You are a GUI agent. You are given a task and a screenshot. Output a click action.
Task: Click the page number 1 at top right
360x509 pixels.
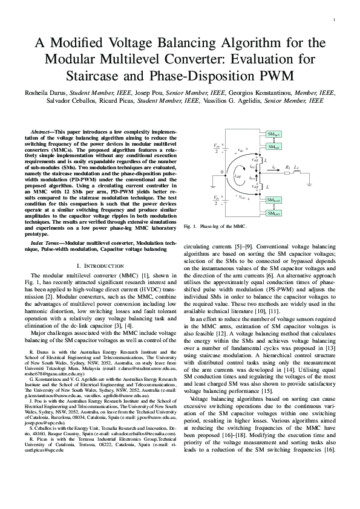pos(334,20)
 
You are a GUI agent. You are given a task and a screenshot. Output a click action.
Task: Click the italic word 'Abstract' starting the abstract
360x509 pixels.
pos(41,131)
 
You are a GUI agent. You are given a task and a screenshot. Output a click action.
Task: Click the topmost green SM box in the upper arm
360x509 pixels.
pos(273,133)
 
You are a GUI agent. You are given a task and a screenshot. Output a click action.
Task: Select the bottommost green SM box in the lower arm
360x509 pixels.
pos(273,214)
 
